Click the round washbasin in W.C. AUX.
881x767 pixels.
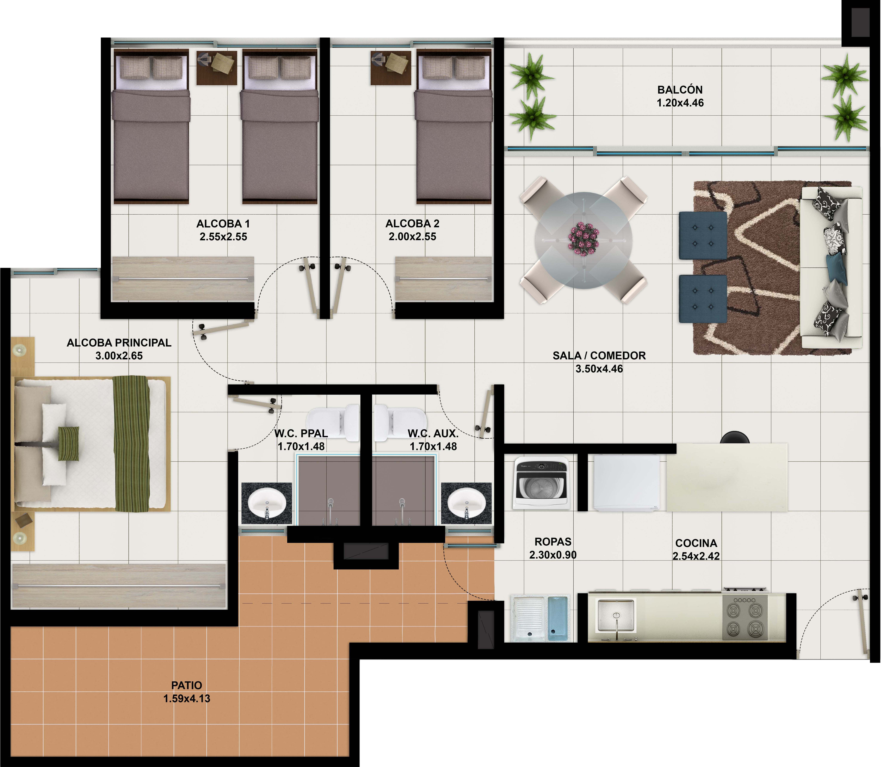[466, 504]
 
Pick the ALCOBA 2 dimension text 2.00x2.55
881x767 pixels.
[412, 237]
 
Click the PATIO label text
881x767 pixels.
[186, 685]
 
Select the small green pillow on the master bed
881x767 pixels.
[68, 443]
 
